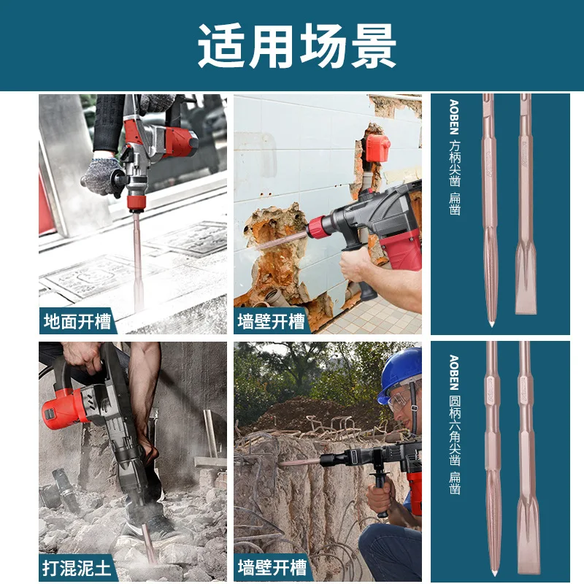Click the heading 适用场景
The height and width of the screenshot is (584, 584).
297,46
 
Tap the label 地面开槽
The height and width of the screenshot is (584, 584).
77,321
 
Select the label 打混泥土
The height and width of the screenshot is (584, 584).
77,568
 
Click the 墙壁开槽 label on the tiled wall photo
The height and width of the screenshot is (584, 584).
271,321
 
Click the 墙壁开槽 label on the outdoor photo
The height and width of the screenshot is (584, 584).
272,568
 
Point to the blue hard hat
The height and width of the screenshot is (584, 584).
399,372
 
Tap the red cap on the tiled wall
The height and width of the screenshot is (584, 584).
377,148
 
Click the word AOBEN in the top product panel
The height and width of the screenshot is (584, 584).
454,117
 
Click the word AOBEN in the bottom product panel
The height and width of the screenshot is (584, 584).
454,372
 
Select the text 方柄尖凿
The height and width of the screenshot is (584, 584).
455,163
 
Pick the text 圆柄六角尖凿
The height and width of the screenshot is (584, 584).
455,430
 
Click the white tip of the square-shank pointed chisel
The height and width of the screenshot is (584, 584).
491,323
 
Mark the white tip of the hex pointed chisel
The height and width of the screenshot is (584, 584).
494,572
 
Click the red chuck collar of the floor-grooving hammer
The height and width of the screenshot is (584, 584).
137,203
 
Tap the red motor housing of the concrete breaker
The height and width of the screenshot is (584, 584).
65,409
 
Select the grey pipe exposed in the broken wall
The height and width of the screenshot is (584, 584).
277,297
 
